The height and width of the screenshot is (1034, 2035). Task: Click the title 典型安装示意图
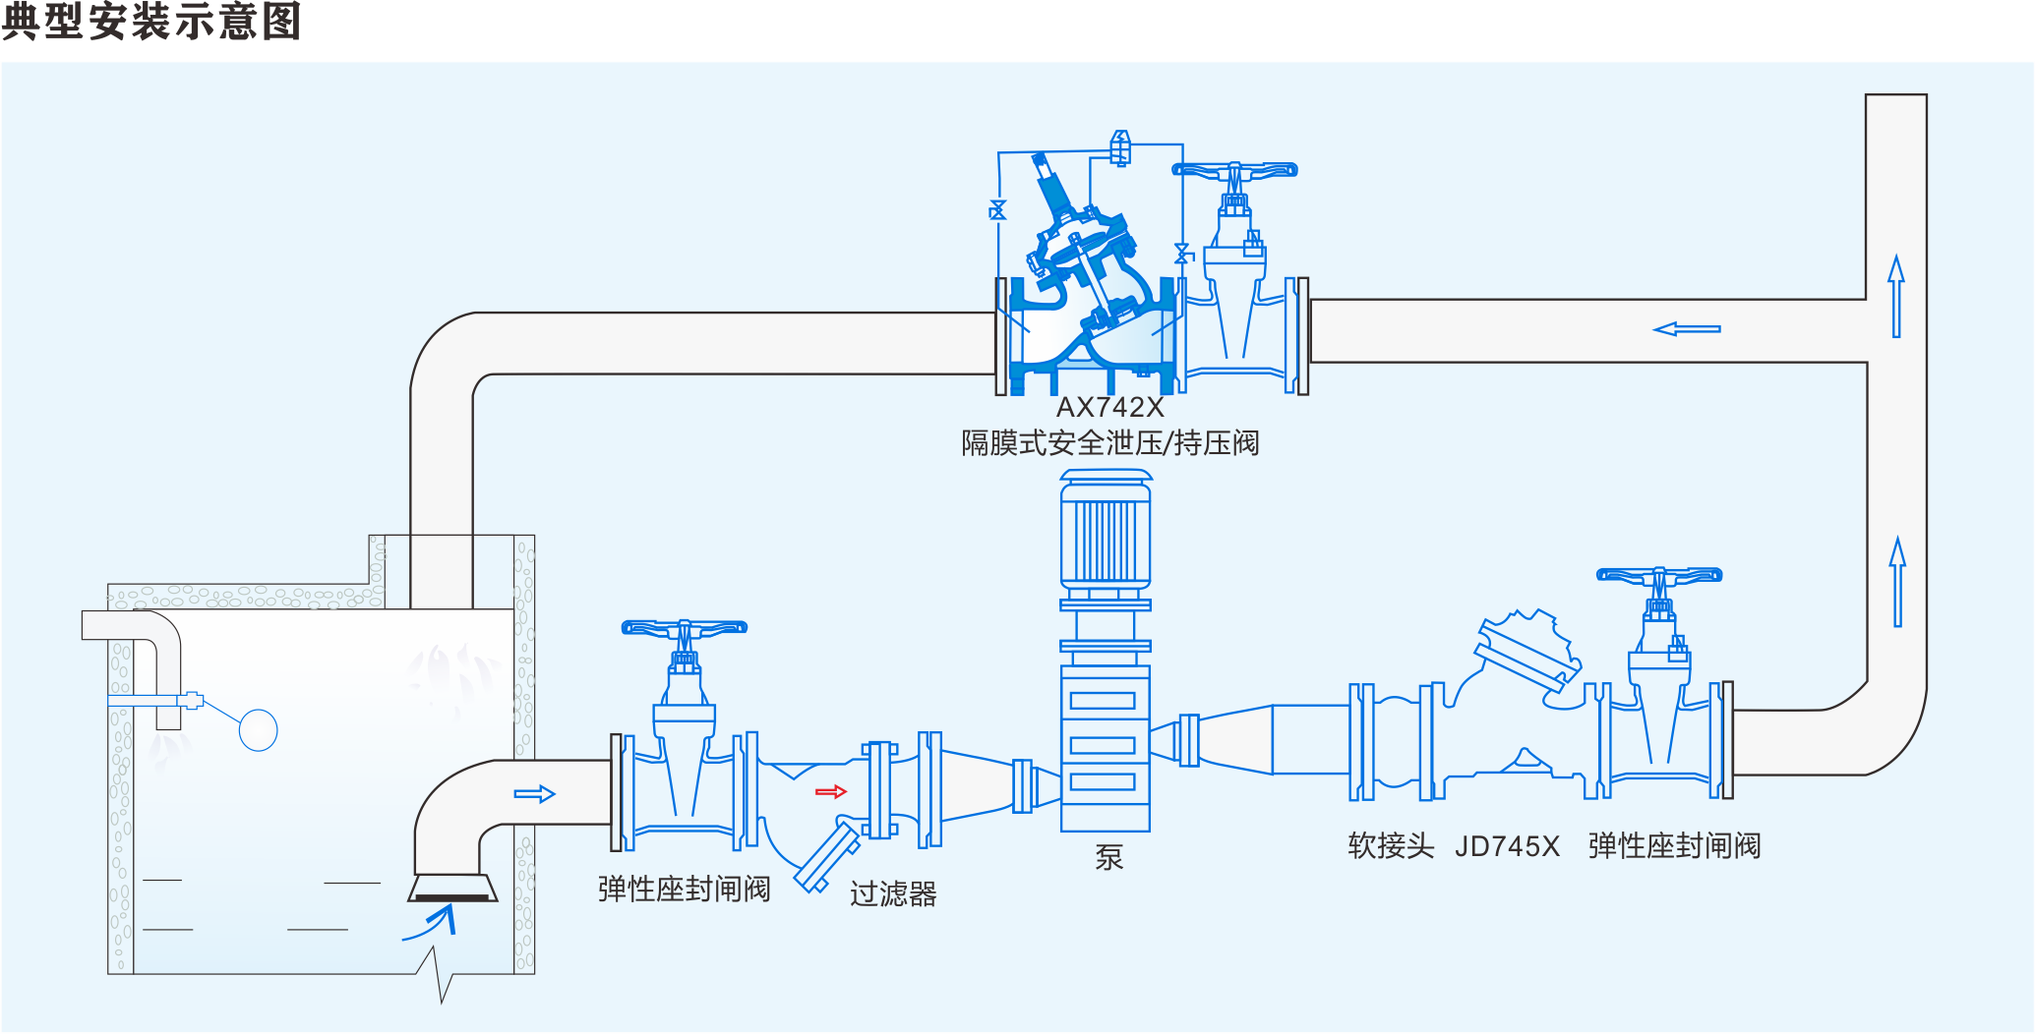coord(151,22)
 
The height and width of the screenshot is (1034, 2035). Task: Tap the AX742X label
coord(1109,407)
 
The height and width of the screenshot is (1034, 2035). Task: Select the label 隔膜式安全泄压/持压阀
coord(1109,443)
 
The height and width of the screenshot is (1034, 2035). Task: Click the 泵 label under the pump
coord(1108,857)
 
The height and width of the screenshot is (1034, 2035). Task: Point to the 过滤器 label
coord(893,893)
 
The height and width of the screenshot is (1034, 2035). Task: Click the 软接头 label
coord(1391,846)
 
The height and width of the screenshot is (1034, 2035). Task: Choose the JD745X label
coord(1507,846)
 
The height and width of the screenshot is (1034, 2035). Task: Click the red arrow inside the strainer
coord(831,791)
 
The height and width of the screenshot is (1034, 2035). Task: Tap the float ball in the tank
coord(258,730)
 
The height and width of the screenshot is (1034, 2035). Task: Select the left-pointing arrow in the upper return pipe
coord(1687,329)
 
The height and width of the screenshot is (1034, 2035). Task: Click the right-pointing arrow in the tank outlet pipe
coord(534,793)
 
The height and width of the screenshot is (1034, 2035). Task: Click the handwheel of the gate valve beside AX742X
coord(1234,171)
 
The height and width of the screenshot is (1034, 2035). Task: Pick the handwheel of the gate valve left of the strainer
coord(685,628)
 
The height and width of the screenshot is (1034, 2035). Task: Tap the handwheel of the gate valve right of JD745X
coord(1659,576)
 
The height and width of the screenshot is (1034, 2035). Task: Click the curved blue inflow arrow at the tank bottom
coord(433,924)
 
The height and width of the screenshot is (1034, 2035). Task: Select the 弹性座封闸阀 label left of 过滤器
coord(684,890)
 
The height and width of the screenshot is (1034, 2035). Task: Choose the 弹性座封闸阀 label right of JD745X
coord(1674,846)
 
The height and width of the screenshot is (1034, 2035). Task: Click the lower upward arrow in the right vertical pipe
coord(1897,582)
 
